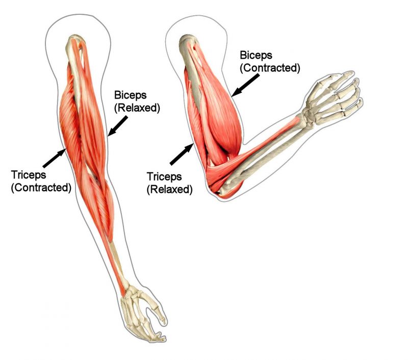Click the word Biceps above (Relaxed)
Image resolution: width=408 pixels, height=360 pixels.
(131, 95)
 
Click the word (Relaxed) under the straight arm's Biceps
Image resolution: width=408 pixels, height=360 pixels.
(137, 108)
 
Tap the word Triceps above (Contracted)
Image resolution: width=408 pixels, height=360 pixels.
(29, 174)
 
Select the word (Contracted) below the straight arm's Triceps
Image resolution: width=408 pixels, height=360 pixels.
(41, 187)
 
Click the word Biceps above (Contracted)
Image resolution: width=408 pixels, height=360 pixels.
(256, 56)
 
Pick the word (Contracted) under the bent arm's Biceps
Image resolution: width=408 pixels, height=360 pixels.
(270, 68)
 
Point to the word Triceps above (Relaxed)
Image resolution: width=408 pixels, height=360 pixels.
(164, 176)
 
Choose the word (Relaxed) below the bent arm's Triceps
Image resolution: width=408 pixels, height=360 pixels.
(169, 189)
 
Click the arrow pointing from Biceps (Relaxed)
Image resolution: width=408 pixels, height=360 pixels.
(117, 126)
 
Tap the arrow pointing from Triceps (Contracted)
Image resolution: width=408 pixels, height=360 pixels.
(55, 158)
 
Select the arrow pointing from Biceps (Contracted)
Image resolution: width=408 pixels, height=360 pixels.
(245, 85)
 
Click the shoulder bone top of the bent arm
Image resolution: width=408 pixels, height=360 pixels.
(186, 42)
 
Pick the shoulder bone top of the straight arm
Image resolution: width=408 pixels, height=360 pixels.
(75, 42)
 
